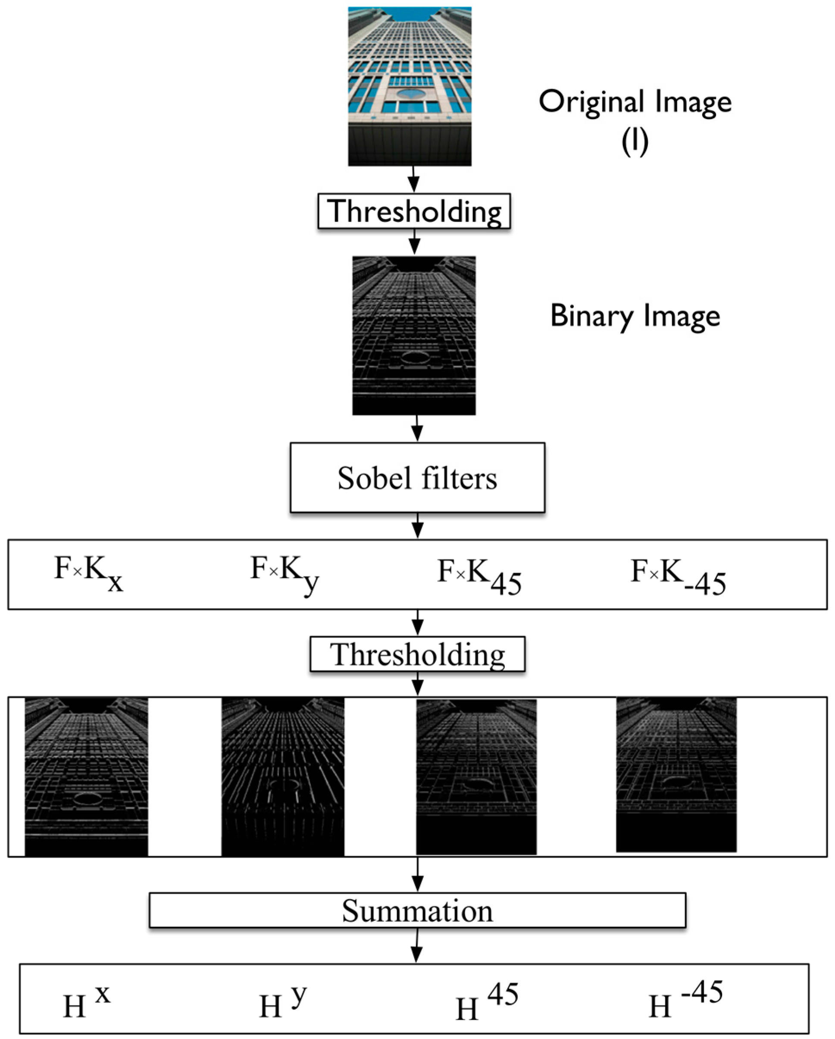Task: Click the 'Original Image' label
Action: point(635,103)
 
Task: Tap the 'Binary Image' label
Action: point(635,316)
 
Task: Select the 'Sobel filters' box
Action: point(417,477)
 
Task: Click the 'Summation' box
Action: point(417,910)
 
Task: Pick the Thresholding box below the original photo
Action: point(414,211)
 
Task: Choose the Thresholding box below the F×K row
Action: point(417,654)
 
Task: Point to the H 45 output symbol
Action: point(486,1002)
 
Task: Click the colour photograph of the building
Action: point(410,87)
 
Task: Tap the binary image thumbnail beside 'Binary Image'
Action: point(414,336)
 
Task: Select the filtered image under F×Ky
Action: point(283,777)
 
